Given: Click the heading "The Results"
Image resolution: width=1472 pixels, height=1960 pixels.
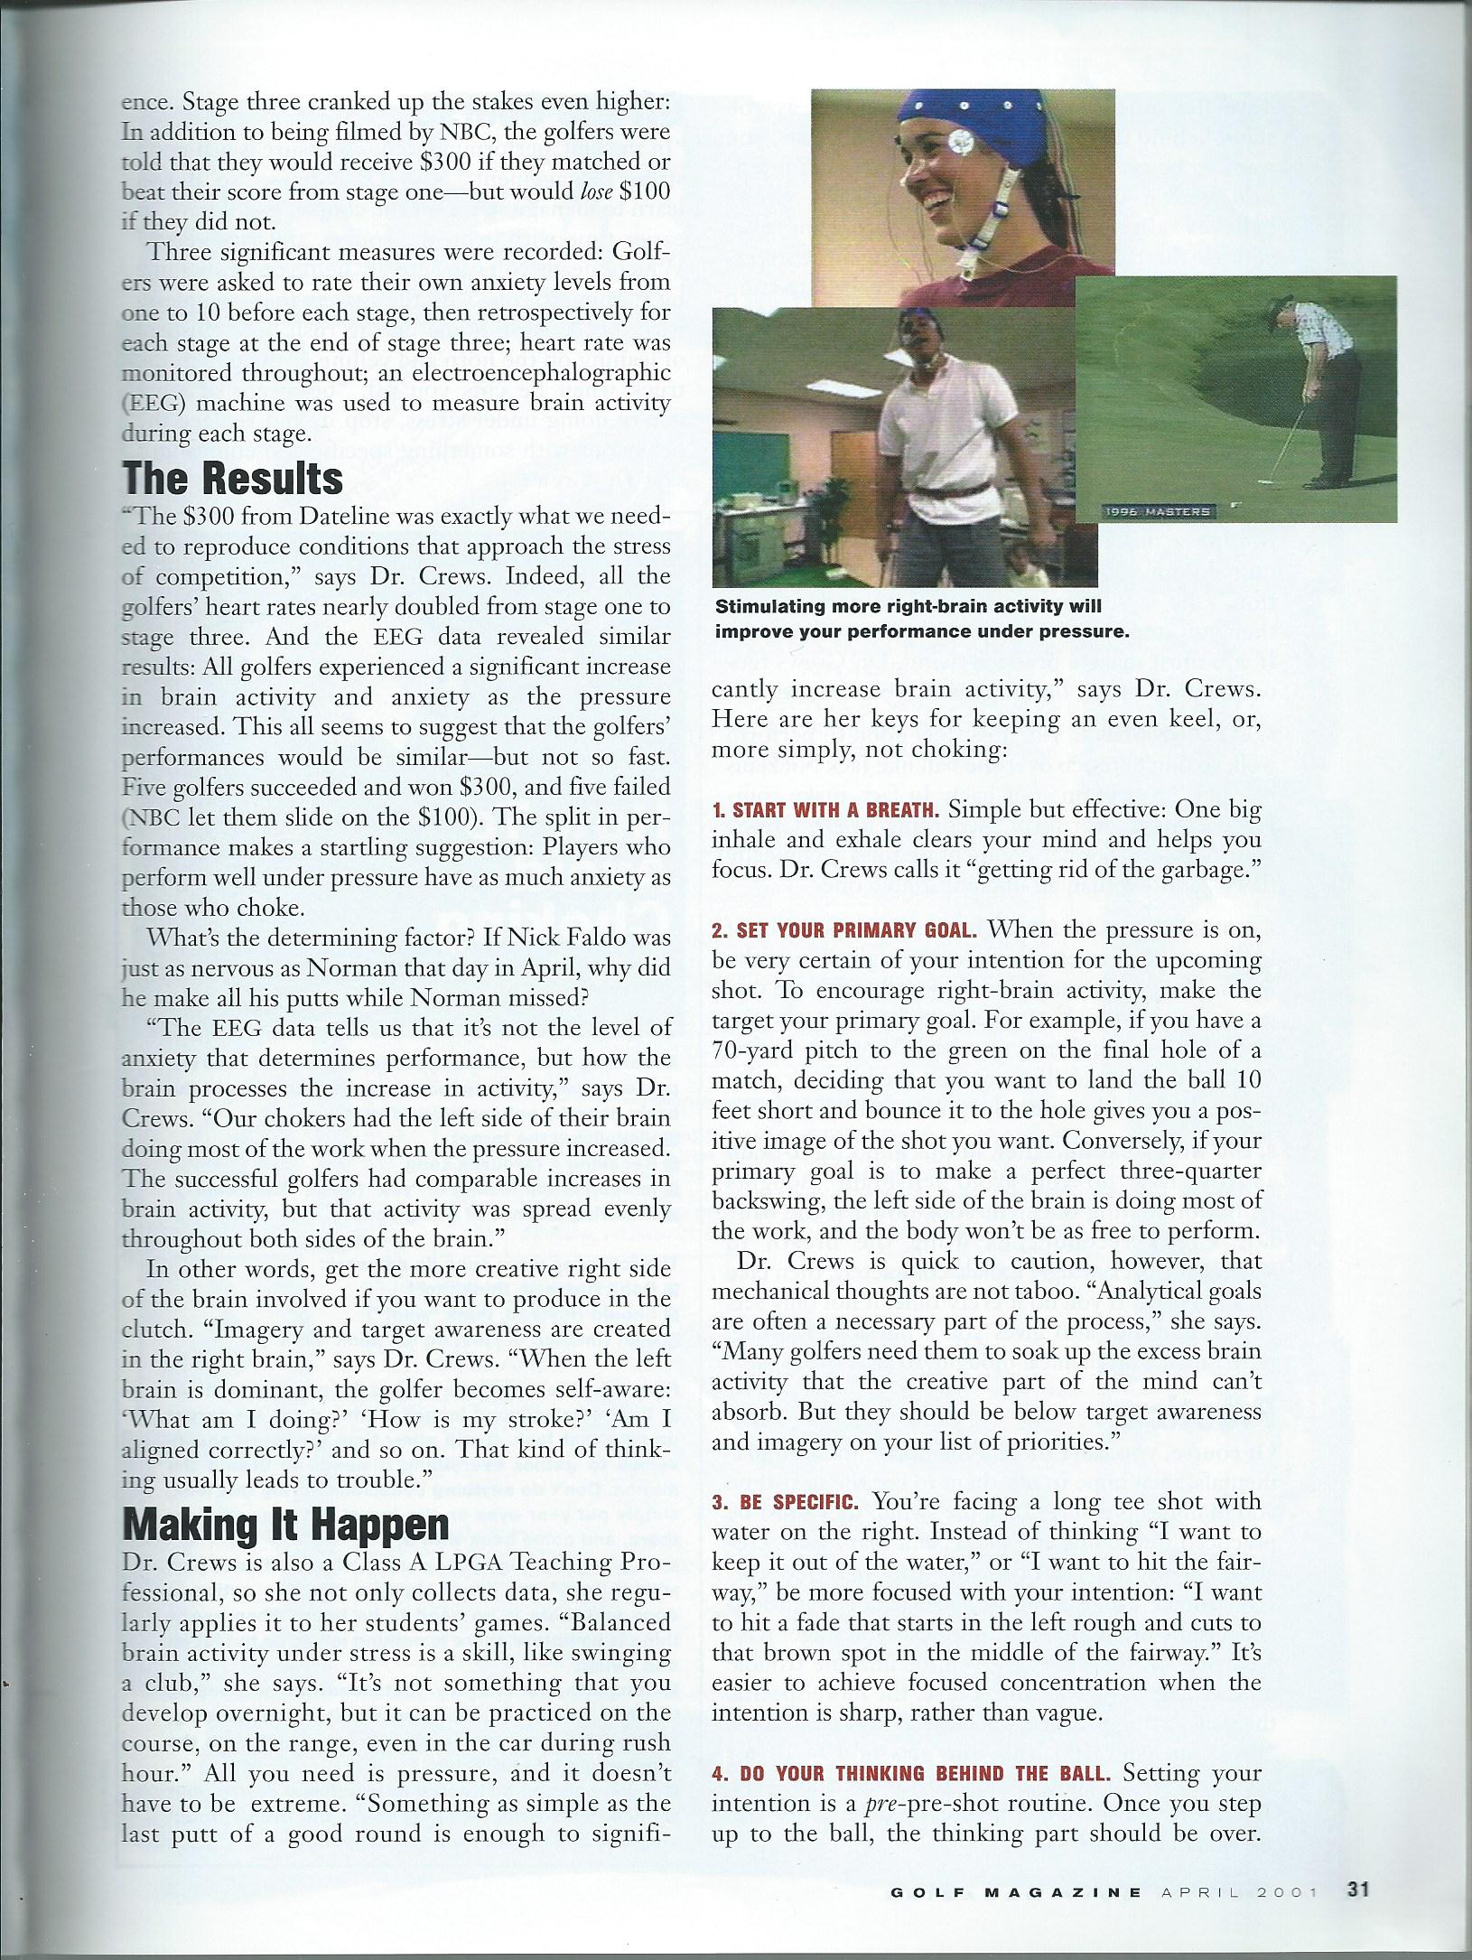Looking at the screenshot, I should (232, 479).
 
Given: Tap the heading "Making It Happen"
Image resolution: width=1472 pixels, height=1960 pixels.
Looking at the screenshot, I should (285, 1525).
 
